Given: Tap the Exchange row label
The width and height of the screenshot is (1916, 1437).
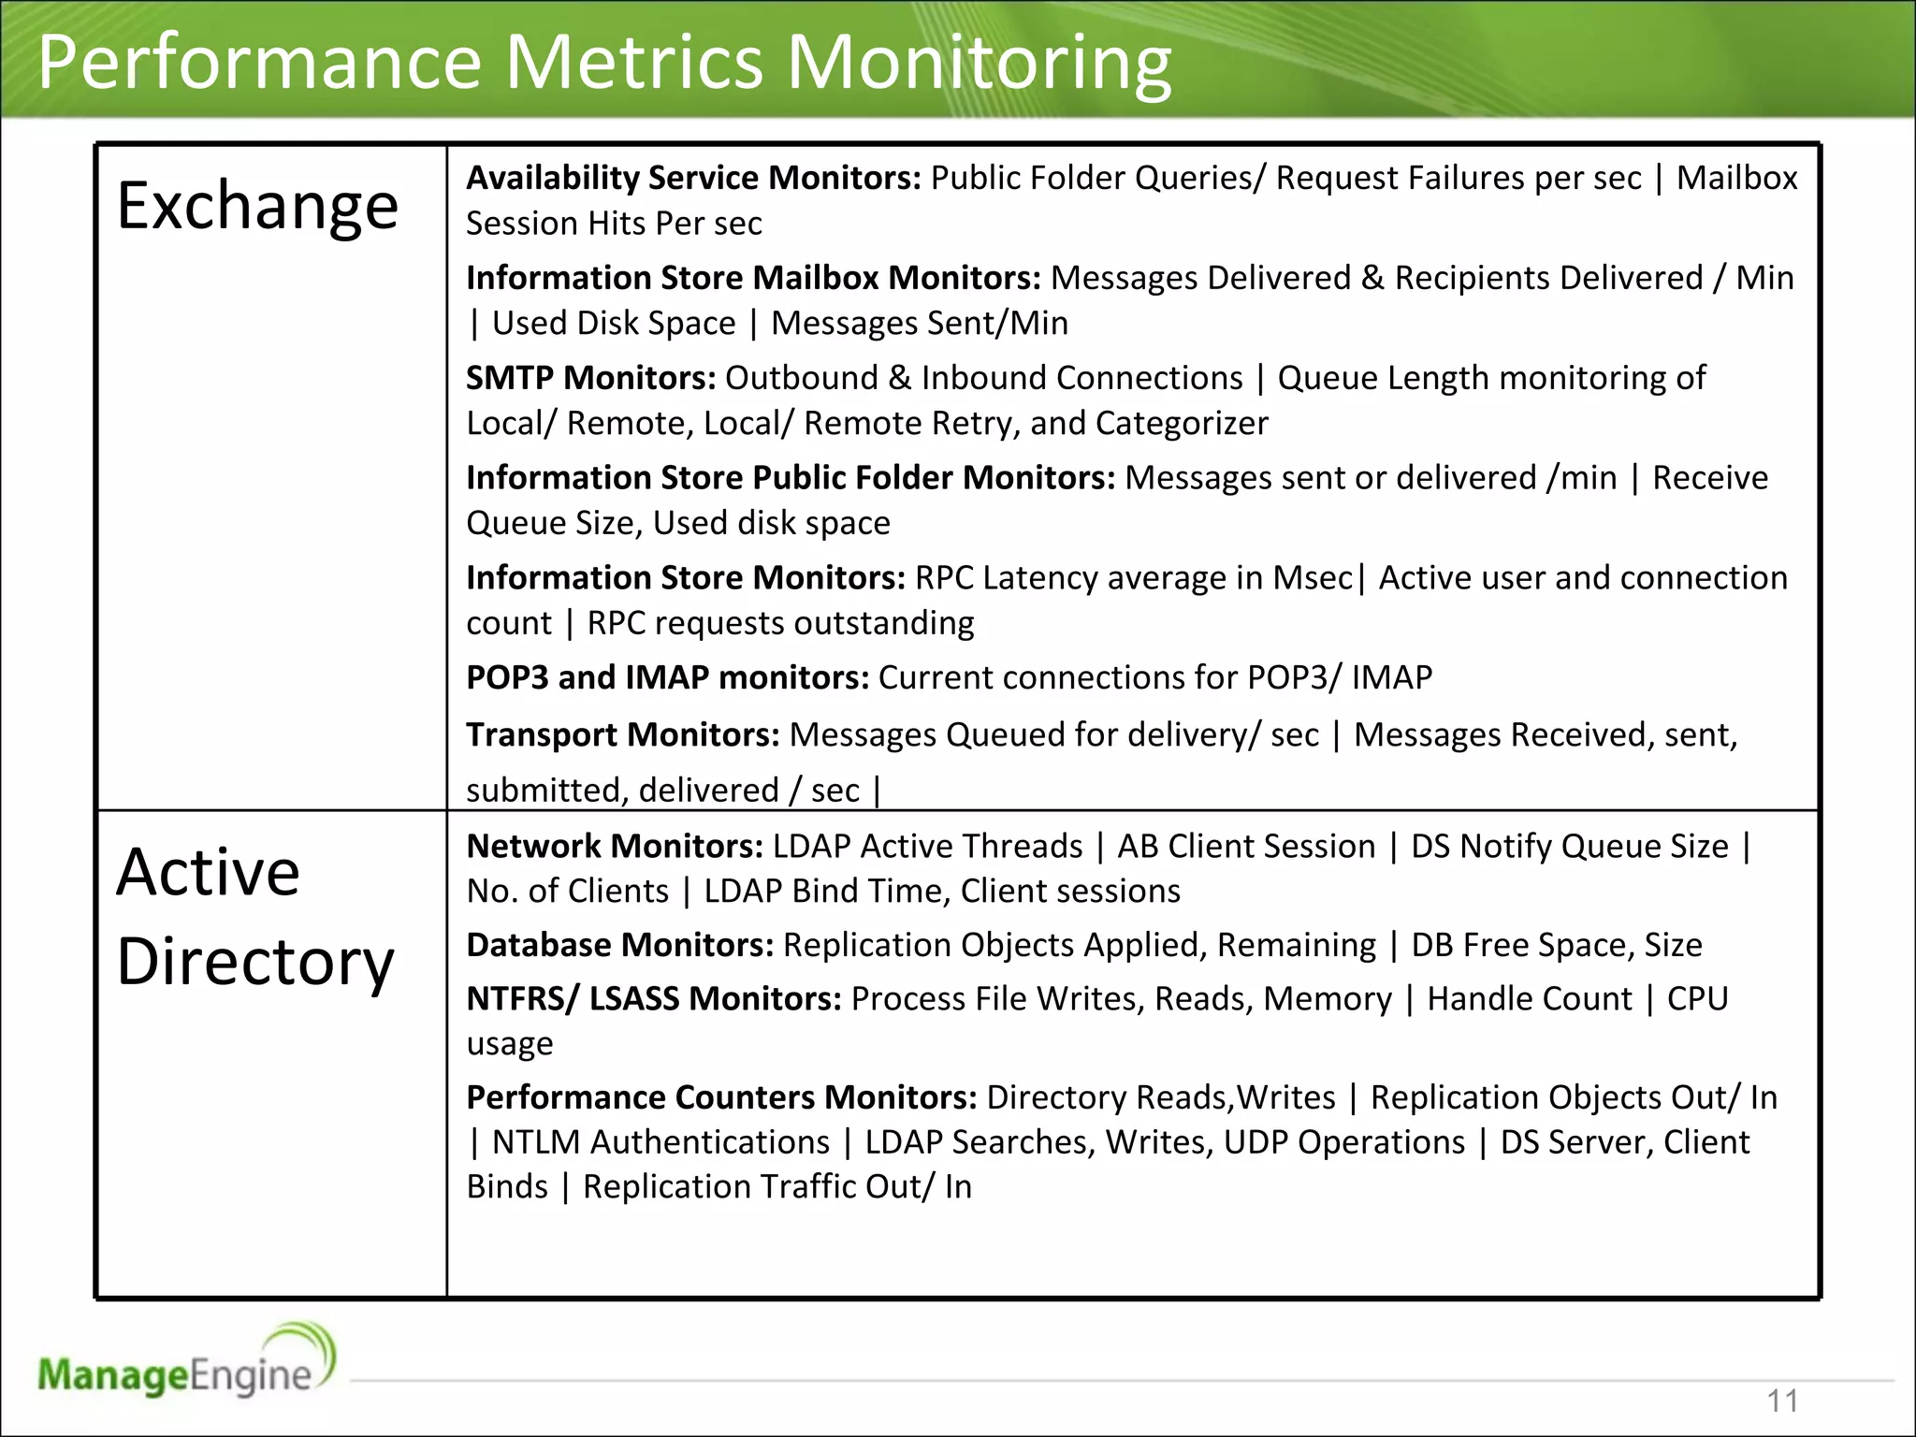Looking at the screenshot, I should [x=257, y=206].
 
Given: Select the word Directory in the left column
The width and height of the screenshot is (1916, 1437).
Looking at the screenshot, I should [x=255, y=963].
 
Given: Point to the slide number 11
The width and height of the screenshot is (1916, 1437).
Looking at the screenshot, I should [x=1782, y=1401].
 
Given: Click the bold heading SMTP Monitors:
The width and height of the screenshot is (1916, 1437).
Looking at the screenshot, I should [x=590, y=378].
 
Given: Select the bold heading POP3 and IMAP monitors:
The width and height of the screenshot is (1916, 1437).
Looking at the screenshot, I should [x=667, y=677].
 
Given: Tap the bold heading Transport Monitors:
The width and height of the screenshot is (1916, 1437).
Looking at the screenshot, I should [x=622, y=735].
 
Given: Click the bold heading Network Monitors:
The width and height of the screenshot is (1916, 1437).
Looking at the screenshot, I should [x=615, y=847].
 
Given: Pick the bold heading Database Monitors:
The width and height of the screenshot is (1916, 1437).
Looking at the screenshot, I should [x=619, y=946].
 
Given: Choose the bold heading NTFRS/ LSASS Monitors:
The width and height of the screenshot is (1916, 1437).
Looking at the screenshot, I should [x=654, y=999].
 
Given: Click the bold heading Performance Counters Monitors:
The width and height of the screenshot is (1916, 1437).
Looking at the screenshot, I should [x=721, y=1097].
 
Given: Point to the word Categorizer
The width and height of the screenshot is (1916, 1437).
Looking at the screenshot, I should [x=1182, y=424].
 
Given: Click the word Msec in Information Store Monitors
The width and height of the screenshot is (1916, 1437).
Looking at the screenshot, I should [x=1312, y=578].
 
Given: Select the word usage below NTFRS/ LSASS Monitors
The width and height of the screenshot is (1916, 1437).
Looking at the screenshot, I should [x=510, y=1044].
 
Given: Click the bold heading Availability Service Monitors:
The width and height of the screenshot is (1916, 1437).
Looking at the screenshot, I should [x=693, y=178].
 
